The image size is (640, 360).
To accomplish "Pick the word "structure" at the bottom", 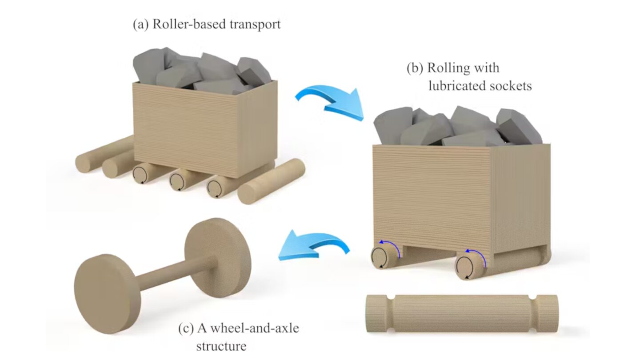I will click(x=221, y=345).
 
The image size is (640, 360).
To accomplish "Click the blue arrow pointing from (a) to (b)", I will click(x=330, y=101).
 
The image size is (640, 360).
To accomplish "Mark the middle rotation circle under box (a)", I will click(x=177, y=181).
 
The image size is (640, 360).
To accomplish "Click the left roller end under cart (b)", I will click(x=381, y=258).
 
